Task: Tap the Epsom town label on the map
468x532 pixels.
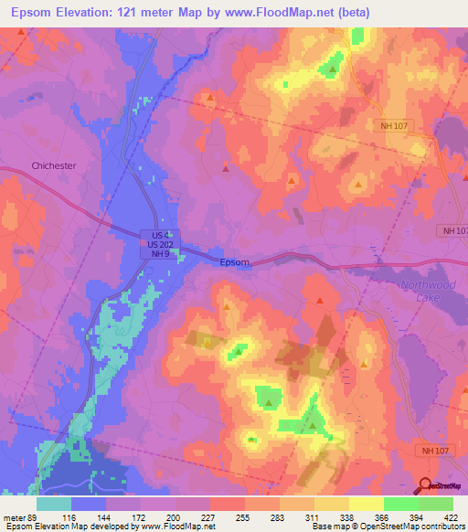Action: pos(234,262)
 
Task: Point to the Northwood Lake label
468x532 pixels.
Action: pos(426,292)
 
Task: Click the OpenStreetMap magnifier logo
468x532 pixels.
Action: pos(424,485)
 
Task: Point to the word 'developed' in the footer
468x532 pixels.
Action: pos(108,527)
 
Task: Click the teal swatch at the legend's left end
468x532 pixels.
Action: pos(54,503)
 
